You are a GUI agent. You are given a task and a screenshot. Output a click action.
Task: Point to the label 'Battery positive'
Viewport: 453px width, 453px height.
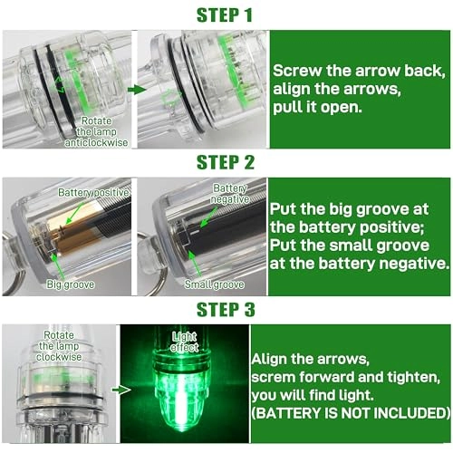click(93, 193)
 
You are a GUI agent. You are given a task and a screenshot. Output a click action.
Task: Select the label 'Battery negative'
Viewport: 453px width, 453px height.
click(228, 192)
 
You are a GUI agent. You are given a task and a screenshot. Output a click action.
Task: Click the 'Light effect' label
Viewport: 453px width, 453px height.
click(184, 342)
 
